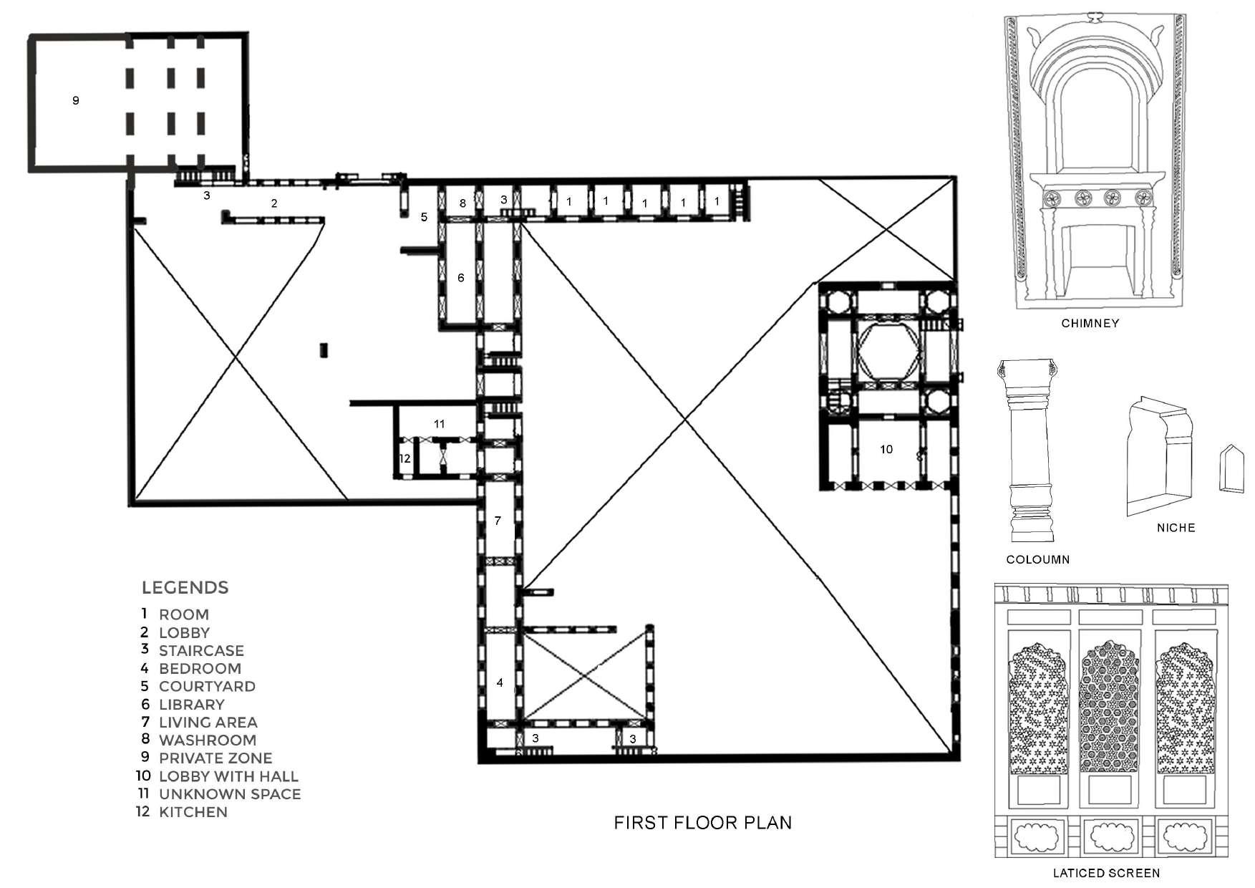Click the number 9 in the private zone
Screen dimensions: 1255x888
click(76, 100)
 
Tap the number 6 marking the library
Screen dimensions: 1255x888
click(461, 277)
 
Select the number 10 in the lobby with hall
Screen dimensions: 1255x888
click(886, 449)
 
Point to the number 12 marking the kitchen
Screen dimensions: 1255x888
click(405, 458)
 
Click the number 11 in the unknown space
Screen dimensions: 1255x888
click(440, 424)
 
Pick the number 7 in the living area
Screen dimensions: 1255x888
click(498, 521)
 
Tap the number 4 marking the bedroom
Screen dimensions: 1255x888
click(500, 682)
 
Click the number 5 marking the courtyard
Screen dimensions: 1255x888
click(424, 217)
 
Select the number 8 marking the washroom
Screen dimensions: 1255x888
click(462, 203)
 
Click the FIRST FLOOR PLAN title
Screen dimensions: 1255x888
click(703, 822)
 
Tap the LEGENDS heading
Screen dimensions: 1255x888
click(185, 588)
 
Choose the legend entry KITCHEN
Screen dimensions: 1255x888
click(193, 812)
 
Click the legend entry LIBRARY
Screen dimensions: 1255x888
click(192, 705)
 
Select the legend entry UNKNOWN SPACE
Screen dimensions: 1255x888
click(230, 794)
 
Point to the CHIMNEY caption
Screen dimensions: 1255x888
click(1090, 324)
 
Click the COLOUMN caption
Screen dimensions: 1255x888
click(1038, 560)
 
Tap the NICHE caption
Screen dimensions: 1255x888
click(1176, 528)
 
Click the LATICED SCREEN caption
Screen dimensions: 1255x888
click(1106, 873)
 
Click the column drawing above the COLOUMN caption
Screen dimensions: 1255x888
click(1028, 451)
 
